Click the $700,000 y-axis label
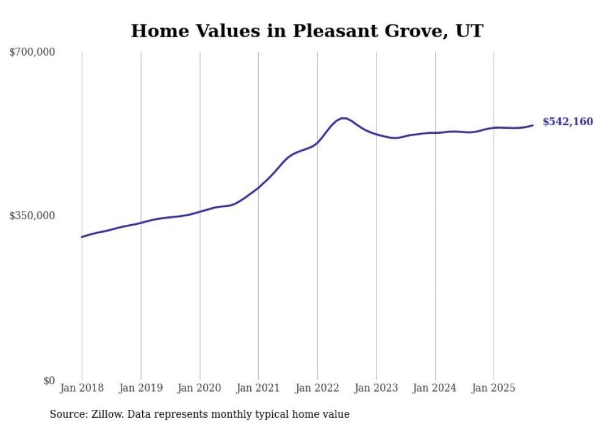[32, 53]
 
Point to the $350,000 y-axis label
[32, 216]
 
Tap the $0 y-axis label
[49, 380]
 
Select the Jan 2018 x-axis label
[82, 388]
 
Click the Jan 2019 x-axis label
[141, 388]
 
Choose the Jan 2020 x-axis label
[200, 388]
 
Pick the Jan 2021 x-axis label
[259, 388]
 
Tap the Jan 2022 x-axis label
[317, 388]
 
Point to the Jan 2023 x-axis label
[376, 388]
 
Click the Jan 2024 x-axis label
[435, 388]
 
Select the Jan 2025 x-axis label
[494, 388]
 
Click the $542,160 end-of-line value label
[567, 122]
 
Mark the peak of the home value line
[344, 118]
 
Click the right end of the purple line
[533, 125]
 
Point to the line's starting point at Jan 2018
[82, 236]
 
